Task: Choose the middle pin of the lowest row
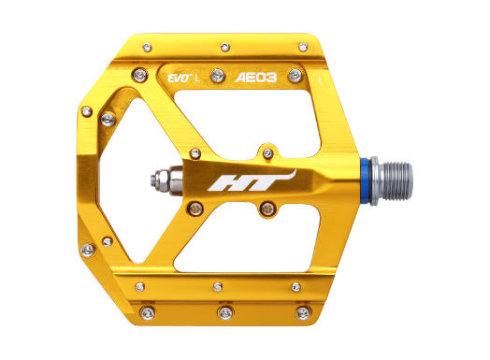224,311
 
